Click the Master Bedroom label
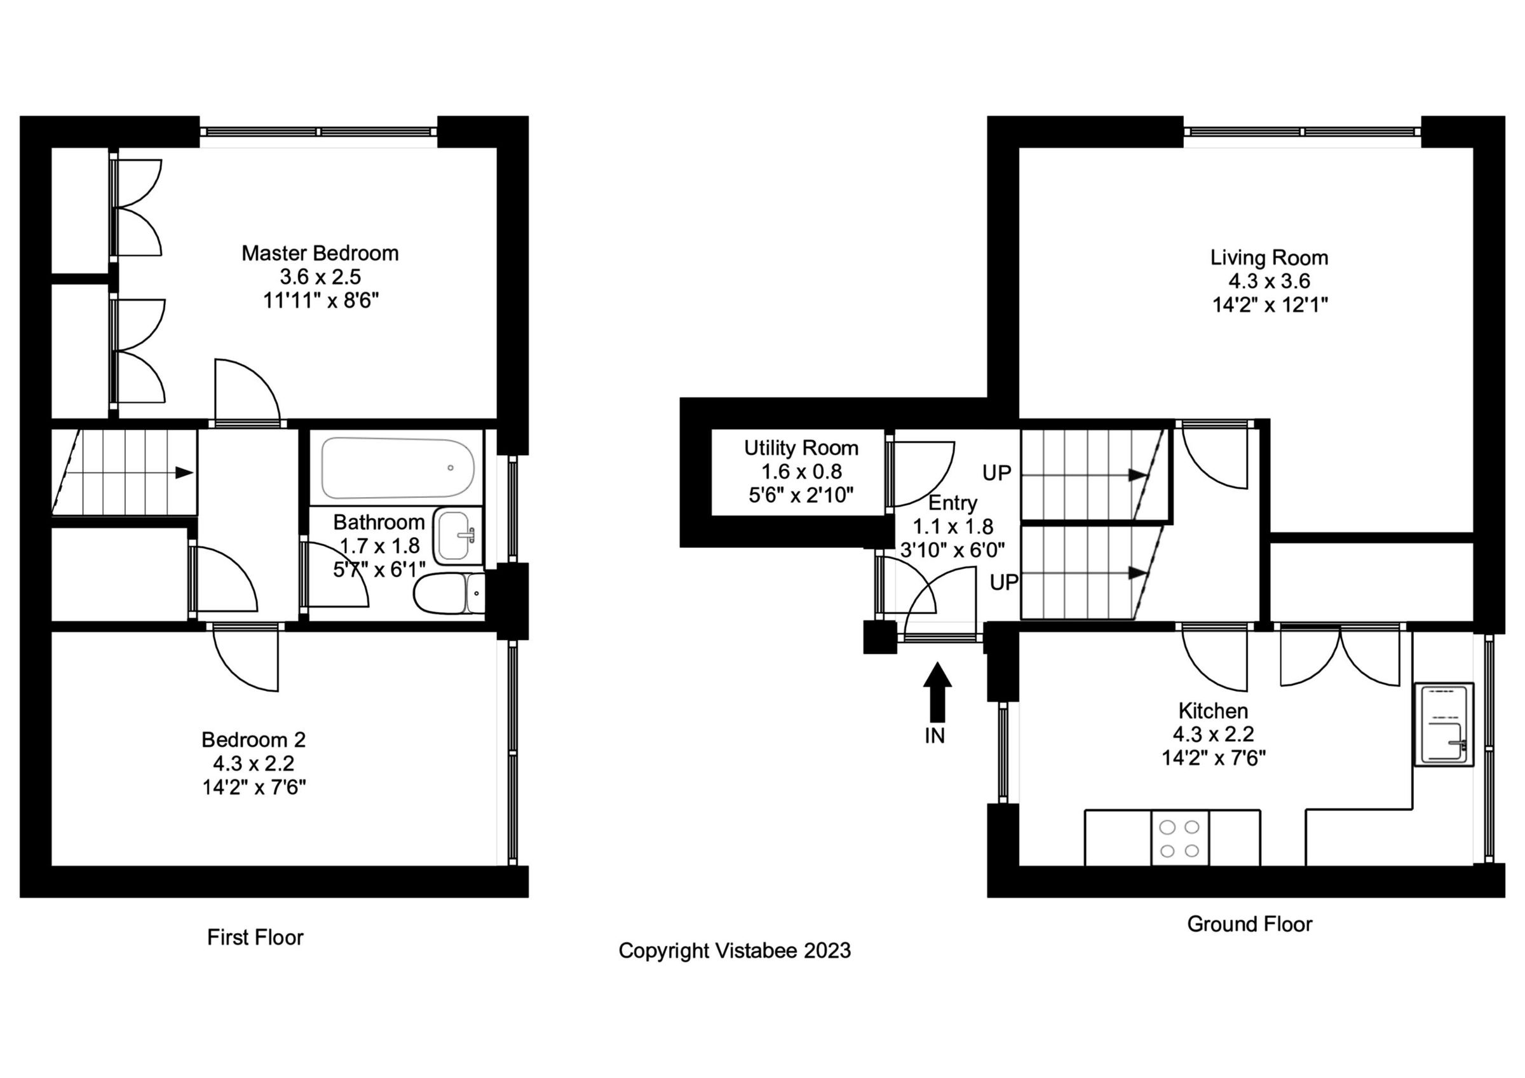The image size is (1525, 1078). pos(320,253)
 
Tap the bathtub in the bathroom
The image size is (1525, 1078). pos(397,468)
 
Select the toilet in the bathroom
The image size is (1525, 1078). pos(449,593)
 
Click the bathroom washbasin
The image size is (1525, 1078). pos(457,535)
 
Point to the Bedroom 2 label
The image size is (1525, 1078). pos(253,739)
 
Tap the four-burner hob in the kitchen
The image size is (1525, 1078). pos(1179,838)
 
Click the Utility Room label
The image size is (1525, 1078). pos(801,448)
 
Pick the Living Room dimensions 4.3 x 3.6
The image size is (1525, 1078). pos(1269,281)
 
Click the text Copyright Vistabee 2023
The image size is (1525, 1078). pos(734,950)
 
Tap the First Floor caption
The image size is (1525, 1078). pos(255,937)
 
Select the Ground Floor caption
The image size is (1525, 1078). pos(1249,924)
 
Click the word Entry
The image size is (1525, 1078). pos(952,503)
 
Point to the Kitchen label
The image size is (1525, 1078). pos(1213,711)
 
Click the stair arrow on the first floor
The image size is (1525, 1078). pos(184,473)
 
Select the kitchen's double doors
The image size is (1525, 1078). pos(1339,658)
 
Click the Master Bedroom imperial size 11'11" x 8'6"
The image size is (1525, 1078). pos(320,301)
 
